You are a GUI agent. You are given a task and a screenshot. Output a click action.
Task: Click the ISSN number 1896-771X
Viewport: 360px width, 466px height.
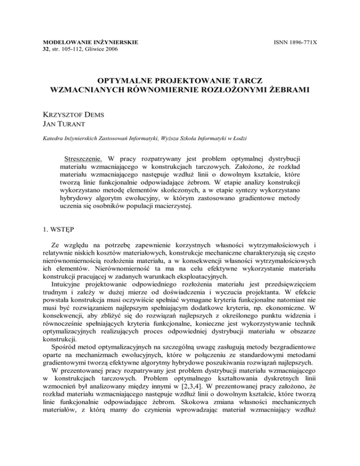[x=303, y=42]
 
